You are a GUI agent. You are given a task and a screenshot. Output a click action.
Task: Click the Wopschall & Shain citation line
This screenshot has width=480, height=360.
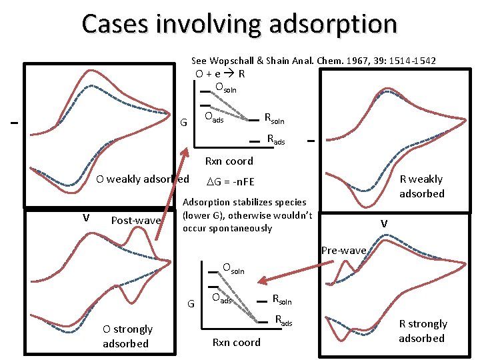tap(313, 61)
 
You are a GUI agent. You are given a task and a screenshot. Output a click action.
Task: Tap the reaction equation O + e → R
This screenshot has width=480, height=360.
tap(220, 74)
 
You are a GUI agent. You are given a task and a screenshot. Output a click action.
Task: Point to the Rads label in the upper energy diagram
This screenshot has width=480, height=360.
tap(275, 140)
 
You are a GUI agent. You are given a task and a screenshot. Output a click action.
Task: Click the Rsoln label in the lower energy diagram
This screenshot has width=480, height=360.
tap(282, 301)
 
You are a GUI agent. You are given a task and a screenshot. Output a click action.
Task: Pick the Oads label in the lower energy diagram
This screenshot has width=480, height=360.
tap(222, 299)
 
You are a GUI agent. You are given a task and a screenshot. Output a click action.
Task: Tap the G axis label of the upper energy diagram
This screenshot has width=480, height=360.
tap(183, 122)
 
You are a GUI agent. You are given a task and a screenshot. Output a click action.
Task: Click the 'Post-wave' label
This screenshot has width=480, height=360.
tap(136, 220)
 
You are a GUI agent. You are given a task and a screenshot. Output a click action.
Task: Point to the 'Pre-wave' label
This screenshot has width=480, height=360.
tap(343, 251)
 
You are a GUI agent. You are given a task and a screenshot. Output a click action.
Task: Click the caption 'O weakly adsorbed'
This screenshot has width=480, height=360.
tap(143, 179)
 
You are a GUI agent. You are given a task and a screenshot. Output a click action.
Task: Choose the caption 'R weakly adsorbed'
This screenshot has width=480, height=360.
tap(421, 186)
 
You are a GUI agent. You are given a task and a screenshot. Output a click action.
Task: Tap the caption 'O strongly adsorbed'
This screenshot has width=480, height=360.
tap(127, 336)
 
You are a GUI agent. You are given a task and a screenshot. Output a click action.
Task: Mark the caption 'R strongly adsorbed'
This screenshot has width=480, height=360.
tap(423, 331)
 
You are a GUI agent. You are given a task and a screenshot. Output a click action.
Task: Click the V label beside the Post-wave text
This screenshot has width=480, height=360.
tap(86, 217)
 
